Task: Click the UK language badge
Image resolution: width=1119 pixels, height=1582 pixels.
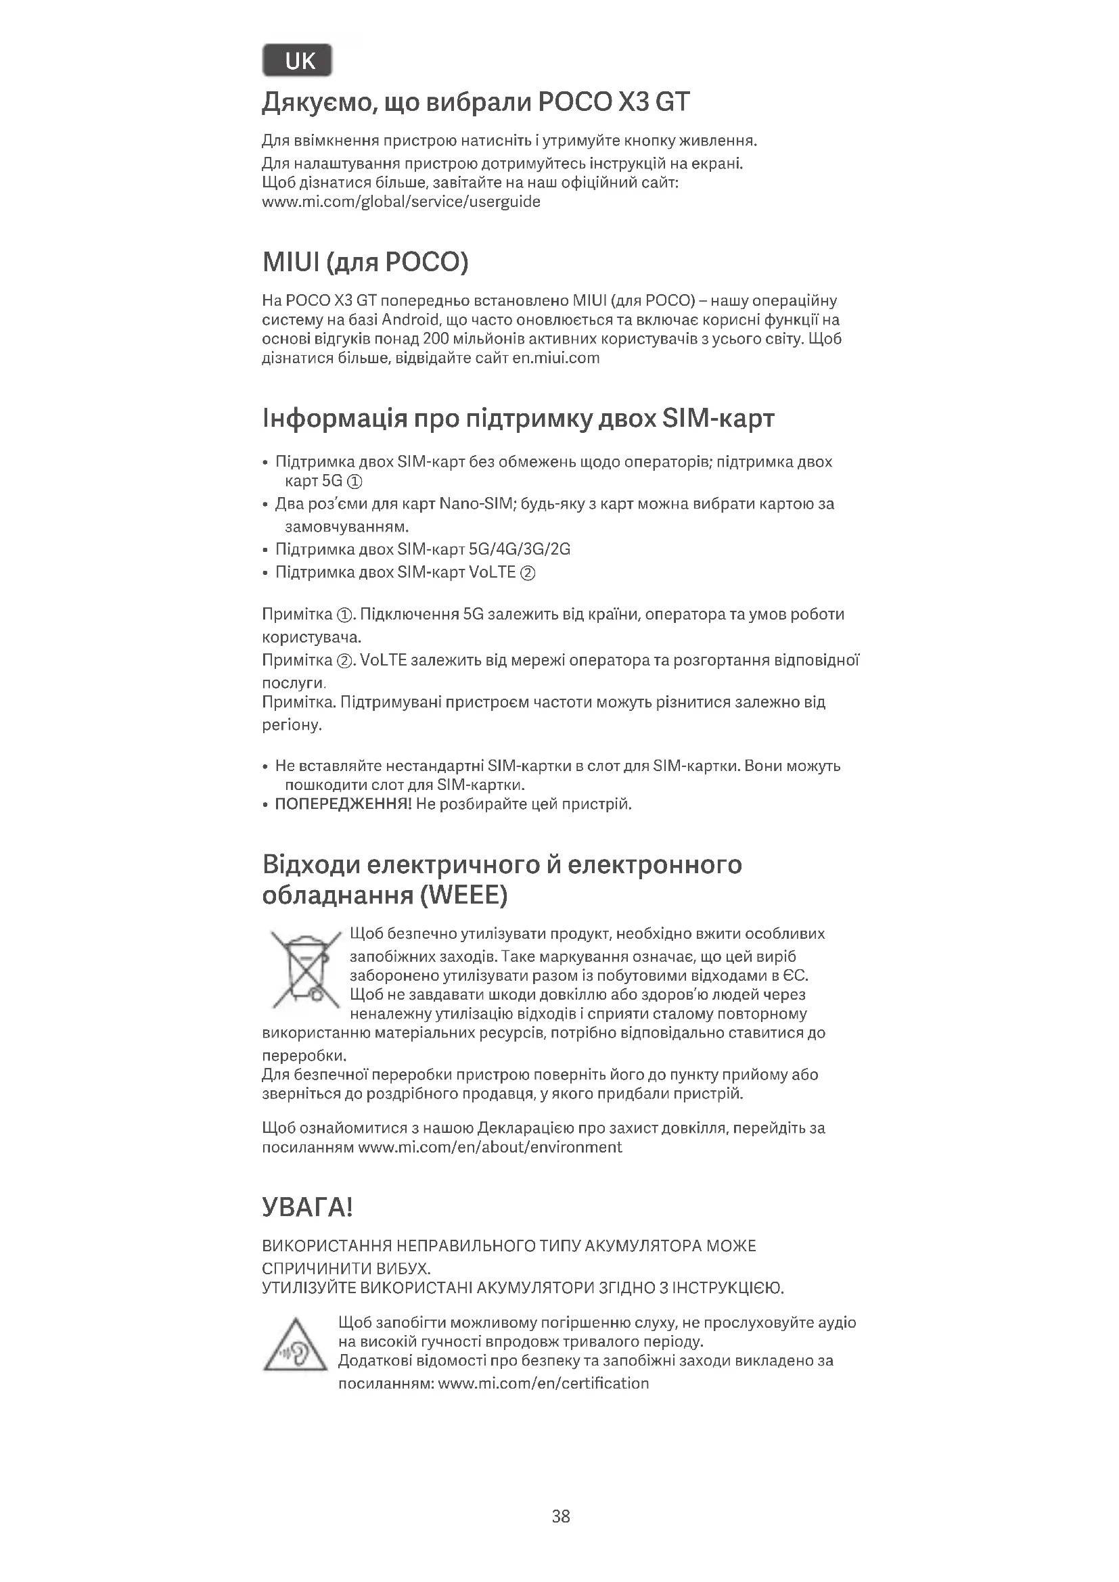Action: point(297,61)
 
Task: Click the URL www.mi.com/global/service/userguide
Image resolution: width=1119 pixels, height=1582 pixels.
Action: point(401,202)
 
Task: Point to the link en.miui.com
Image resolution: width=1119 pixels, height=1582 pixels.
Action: point(556,358)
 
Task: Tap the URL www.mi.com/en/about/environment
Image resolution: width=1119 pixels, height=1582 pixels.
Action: point(490,1147)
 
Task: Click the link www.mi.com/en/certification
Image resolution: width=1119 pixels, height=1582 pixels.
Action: point(543,1384)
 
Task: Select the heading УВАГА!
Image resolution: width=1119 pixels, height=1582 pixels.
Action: point(307,1208)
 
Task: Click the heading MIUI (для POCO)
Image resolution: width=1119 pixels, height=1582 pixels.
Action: point(365,262)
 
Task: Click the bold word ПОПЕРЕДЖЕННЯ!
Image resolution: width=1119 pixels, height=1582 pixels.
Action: point(343,804)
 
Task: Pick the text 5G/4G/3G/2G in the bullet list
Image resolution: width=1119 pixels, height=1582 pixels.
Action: point(519,549)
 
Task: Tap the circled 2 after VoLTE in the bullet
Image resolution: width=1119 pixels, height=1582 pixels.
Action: point(528,573)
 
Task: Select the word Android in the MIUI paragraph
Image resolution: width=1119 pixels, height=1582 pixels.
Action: point(410,320)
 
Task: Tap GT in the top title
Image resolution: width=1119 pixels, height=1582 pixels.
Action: point(671,103)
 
